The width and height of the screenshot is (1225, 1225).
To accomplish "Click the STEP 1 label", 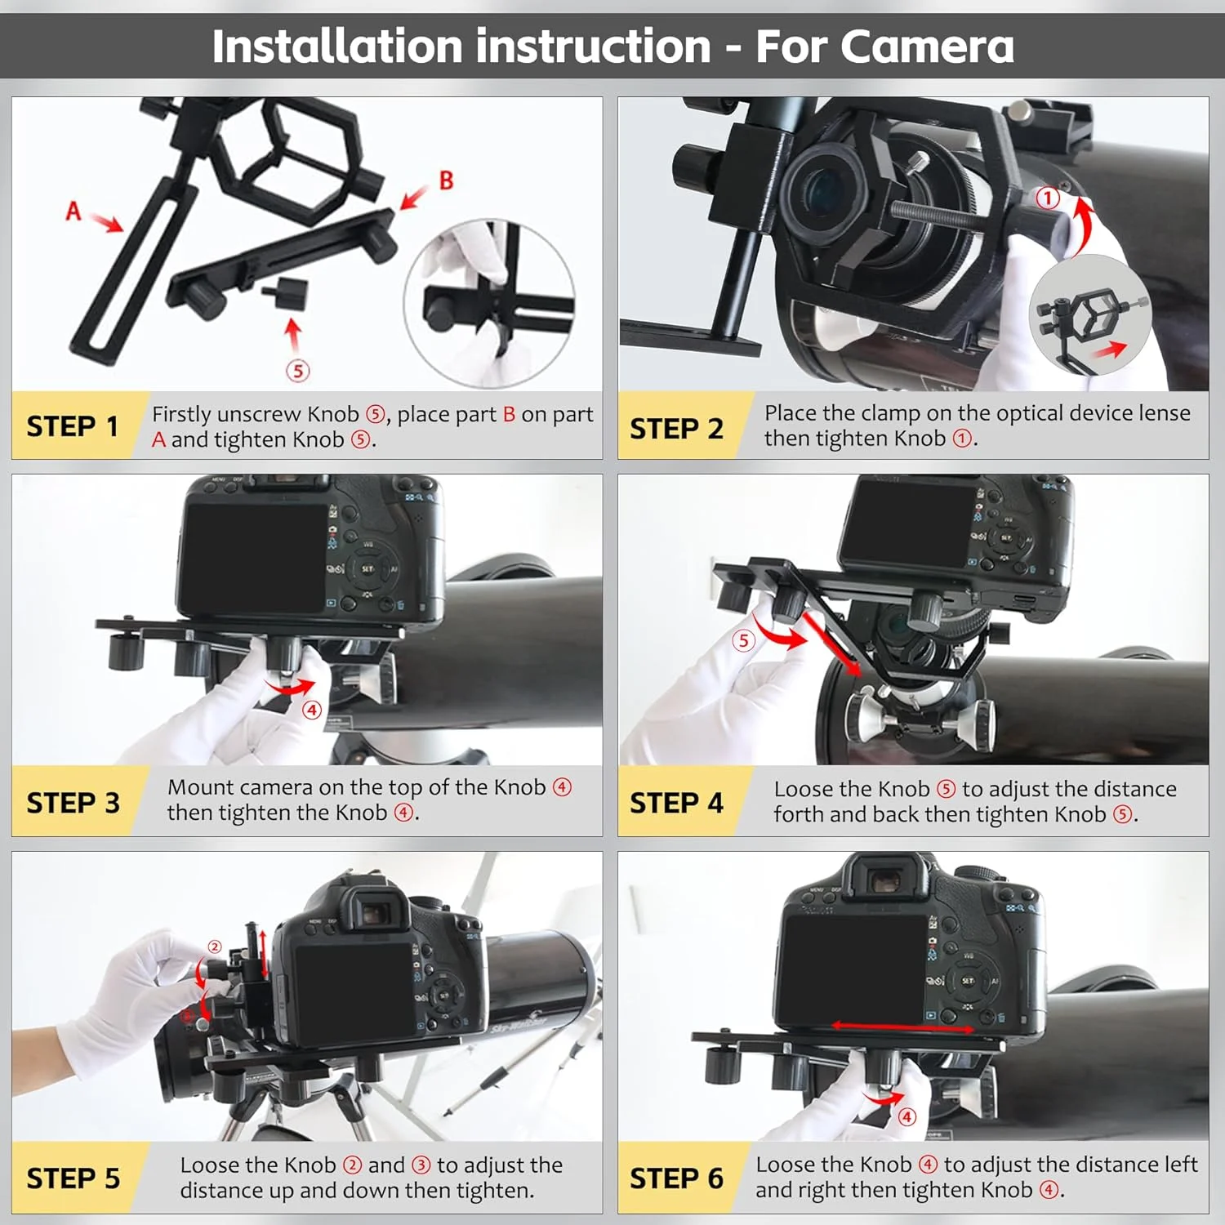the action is tap(73, 426).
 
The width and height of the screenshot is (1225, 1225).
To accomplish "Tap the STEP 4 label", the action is tap(676, 803).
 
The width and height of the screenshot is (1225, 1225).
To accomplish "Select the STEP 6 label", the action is tap(676, 1178).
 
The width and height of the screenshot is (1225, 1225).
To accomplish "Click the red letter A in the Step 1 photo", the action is tap(73, 212).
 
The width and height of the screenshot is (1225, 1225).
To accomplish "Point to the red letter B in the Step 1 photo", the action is tap(446, 180).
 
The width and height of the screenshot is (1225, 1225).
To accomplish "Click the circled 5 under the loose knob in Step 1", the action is tap(298, 371).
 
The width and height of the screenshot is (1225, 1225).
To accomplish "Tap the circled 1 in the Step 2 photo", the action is tap(1048, 198).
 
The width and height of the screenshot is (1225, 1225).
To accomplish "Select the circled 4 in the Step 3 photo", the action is tap(312, 710).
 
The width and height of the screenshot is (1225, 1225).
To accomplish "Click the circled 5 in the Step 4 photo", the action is tap(742, 640).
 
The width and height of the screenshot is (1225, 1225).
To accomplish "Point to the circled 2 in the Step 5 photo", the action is tap(215, 947).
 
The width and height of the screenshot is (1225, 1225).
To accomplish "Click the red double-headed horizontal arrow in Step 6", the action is tap(902, 1027).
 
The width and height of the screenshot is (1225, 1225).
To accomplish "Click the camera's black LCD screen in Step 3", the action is tap(255, 558).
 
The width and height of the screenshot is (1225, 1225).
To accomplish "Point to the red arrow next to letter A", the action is tap(105, 222).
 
